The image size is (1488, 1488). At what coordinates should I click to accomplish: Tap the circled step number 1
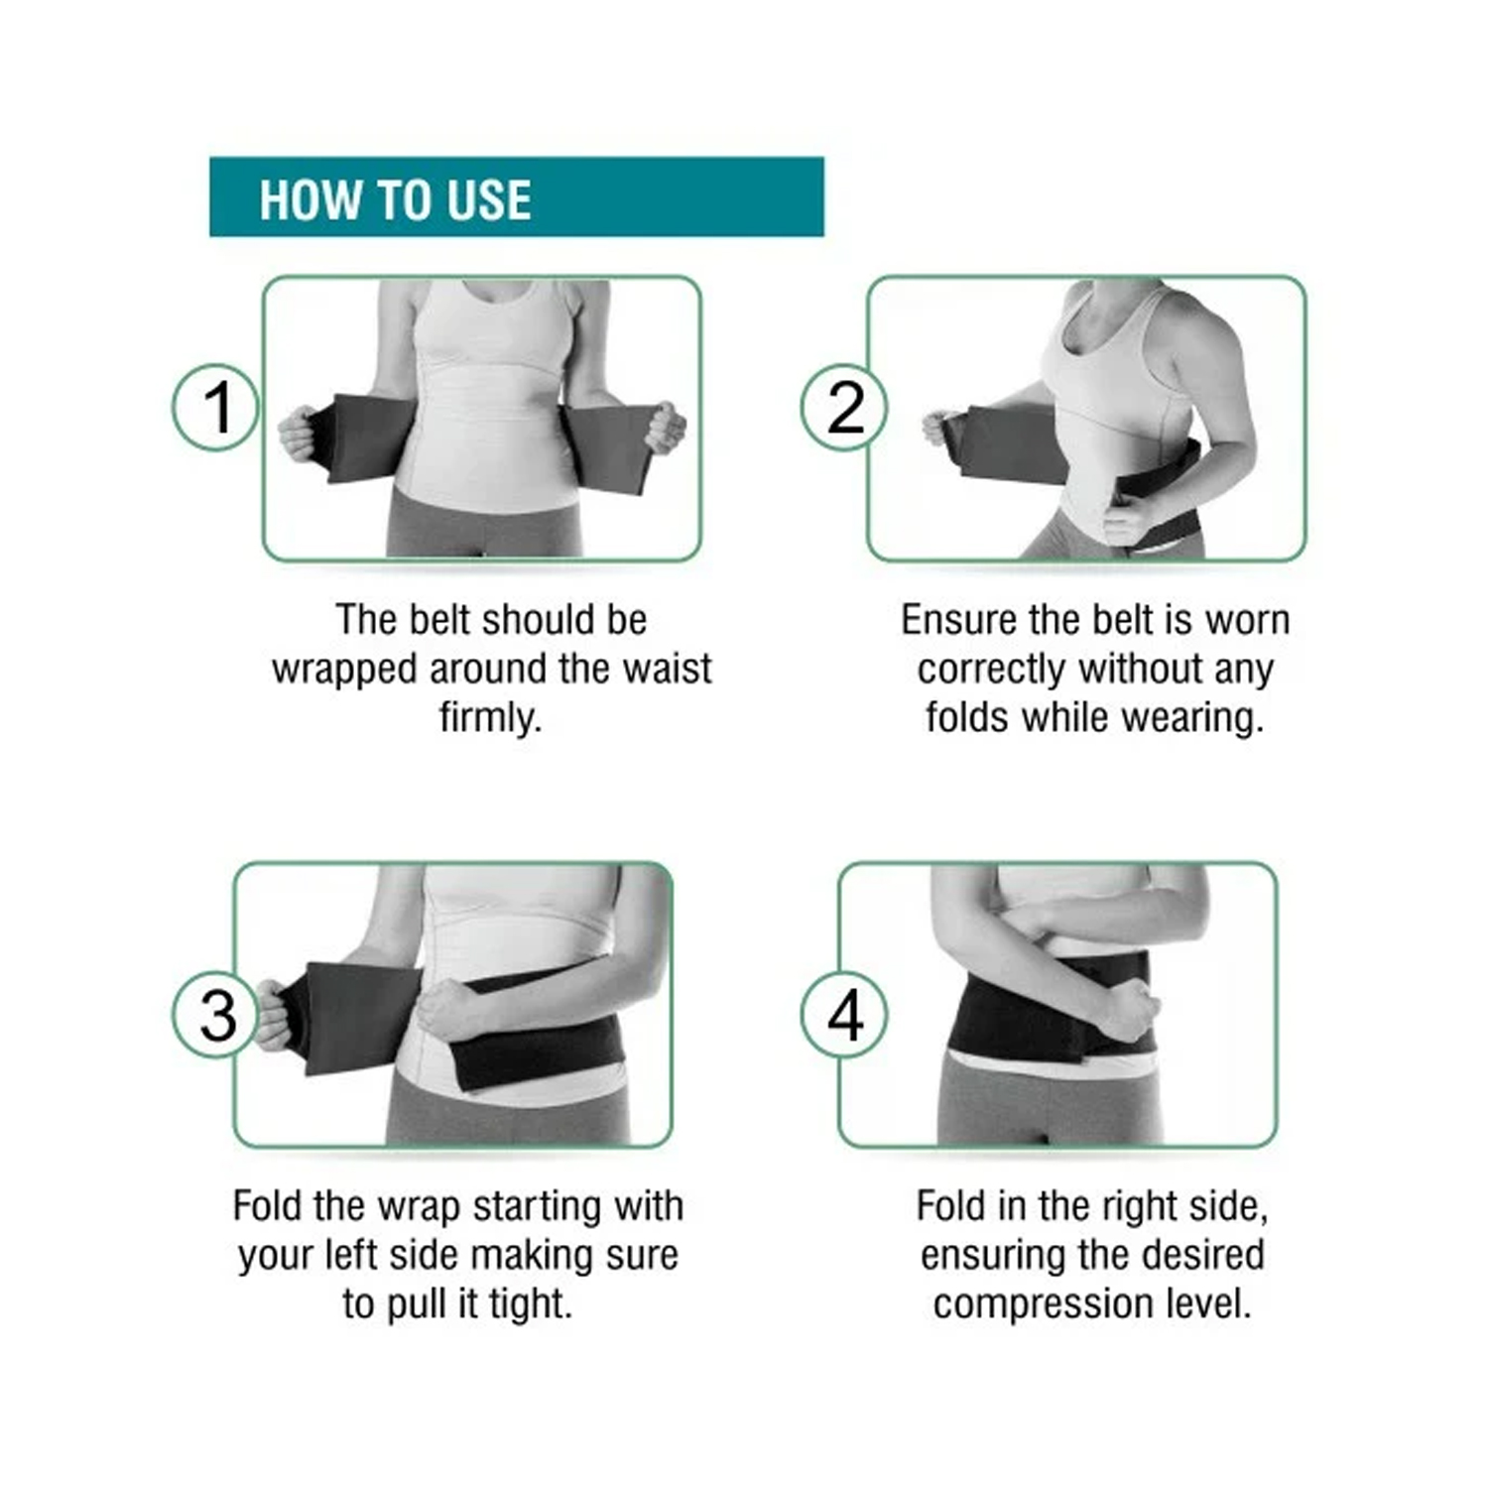click(215, 407)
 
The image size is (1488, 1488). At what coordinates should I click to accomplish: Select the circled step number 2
click(844, 407)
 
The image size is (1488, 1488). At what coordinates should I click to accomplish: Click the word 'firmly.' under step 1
click(490, 716)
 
